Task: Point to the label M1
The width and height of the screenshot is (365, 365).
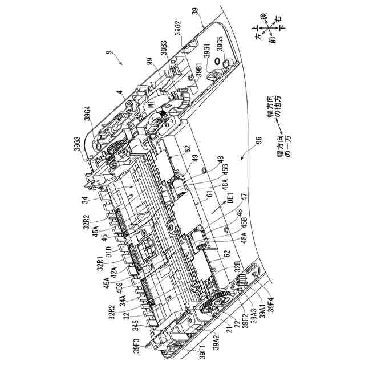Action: [x=151, y=104]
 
